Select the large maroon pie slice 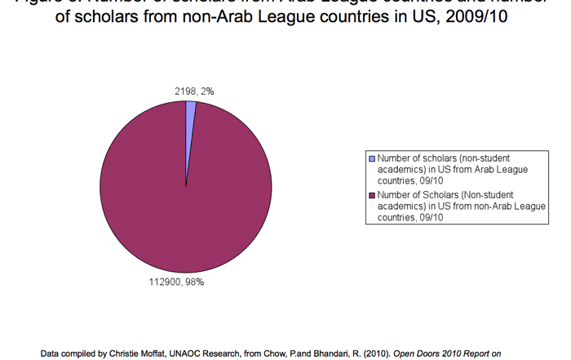186,196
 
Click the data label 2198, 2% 195,91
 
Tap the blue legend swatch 372,158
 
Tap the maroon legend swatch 372,196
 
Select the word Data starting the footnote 51,353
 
